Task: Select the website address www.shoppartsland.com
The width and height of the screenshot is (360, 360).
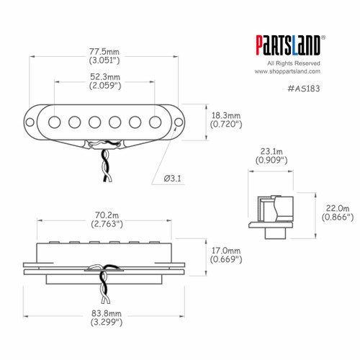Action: [x=287, y=72]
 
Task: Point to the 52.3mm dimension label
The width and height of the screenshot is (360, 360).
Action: [x=104, y=76]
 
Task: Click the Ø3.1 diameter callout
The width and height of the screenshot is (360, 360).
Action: [x=176, y=178]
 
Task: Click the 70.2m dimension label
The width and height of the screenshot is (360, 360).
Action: [x=104, y=215]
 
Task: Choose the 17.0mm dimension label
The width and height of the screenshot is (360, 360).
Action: [x=225, y=250]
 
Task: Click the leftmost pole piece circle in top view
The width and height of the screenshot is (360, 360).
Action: [x=54, y=122]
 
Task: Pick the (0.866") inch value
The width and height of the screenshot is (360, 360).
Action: [x=336, y=216]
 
